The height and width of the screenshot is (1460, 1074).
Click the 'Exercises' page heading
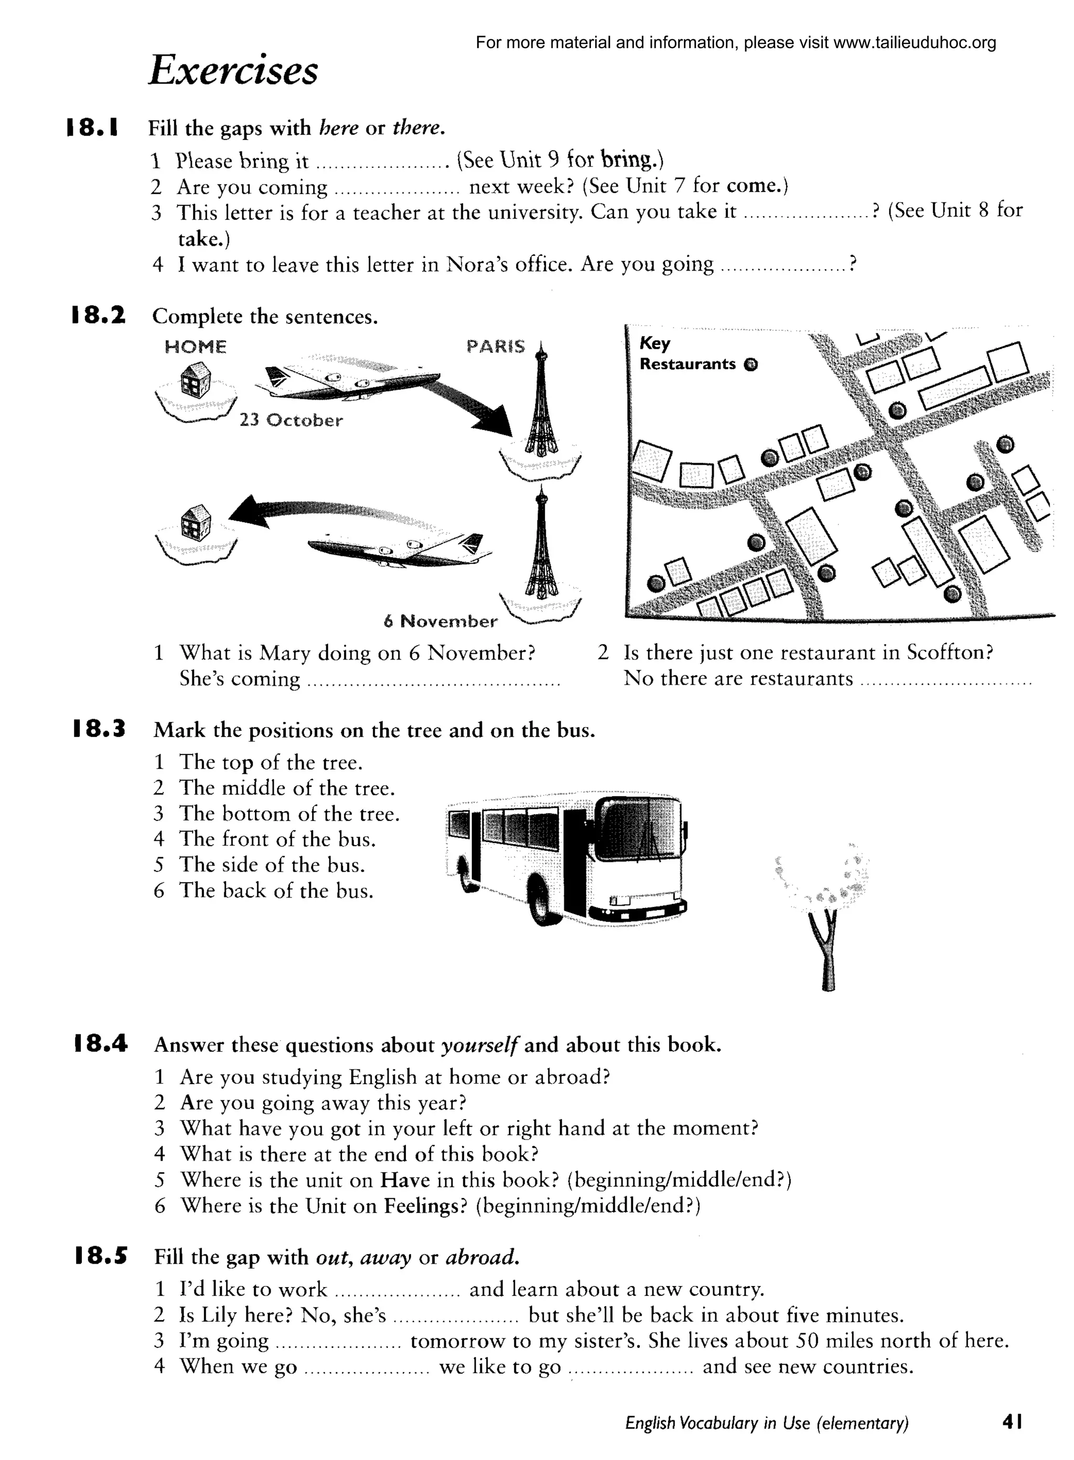pyautogui.click(x=233, y=70)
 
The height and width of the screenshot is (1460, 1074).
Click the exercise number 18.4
pyautogui.click(x=100, y=1044)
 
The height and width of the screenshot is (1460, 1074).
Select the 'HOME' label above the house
pyautogui.click(x=196, y=347)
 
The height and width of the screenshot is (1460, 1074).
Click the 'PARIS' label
pyautogui.click(x=496, y=347)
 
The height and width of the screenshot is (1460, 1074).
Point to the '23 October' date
pyautogui.click(x=291, y=420)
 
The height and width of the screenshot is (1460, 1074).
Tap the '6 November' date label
pyautogui.click(x=440, y=621)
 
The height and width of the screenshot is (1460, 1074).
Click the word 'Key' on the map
pyautogui.click(x=654, y=342)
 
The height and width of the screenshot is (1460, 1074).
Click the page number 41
pyautogui.click(x=1012, y=1422)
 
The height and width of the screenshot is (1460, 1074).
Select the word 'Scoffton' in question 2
pyautogui.click(x=949, y=652)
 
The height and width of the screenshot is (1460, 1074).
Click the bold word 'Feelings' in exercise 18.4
pyautogui.click(x=425, y=1205)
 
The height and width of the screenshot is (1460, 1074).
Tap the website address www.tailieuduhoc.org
pyautogui.click(x=914, y=43)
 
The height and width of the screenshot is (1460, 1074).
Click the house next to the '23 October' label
pyautogui.click(x=196, y=379)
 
